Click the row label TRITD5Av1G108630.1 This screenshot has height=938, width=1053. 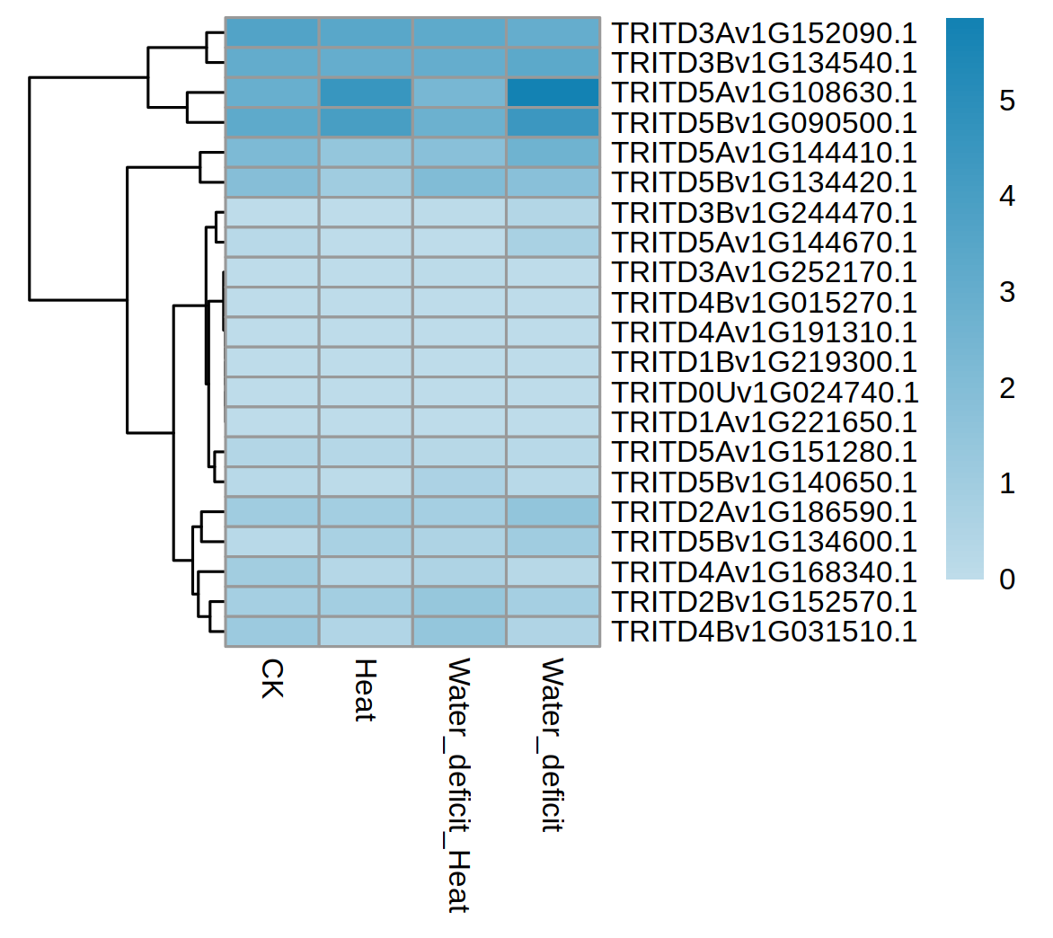(764, 93)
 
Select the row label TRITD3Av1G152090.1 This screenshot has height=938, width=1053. (764, 33)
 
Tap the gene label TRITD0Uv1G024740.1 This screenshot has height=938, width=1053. (765, 393)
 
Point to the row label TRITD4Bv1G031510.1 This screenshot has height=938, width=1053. (764, 632)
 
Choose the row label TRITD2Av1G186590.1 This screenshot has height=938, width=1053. (764, 512)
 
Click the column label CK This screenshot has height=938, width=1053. (271, 679)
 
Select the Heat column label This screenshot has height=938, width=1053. (365, 690)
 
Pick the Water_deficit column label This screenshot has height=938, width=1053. (553, 745)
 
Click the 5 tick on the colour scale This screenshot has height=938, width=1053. (1007, 101)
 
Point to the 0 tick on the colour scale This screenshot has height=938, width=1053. (1007, 580)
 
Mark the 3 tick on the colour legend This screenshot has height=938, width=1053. (1007, 292)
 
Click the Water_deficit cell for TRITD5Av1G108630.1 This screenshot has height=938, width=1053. (553, 93)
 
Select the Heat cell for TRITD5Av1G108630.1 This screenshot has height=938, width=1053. (365, 93)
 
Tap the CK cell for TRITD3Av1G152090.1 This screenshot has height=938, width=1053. (271, 33)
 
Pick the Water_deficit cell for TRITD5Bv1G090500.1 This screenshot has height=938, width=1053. (553, 122)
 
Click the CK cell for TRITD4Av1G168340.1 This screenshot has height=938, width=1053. (271, 571)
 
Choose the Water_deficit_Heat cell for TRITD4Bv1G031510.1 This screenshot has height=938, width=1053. (459, 632)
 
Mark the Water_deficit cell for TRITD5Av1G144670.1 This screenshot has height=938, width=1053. (553, 243)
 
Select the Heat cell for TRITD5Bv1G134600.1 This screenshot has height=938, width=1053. (365, 542)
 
